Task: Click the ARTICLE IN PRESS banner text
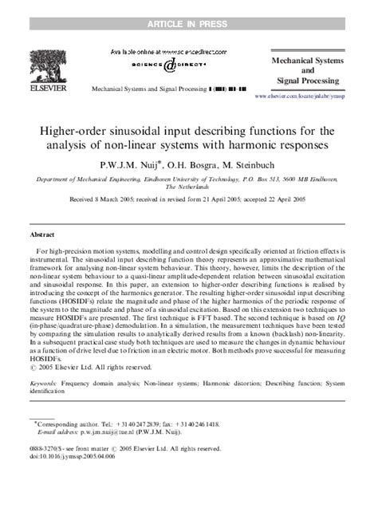pyautogui.click(x=189, y=7)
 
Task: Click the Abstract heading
pyautogui.click(x=42, y=236)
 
